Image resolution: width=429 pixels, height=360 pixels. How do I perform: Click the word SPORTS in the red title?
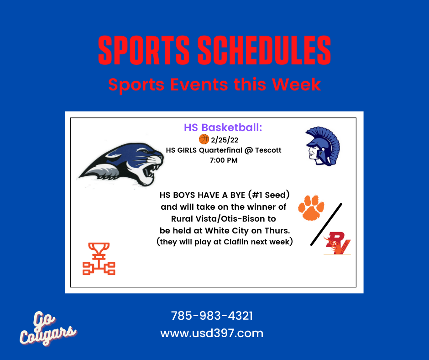pos(144,51)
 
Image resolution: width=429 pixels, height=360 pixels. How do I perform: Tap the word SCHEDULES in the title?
pos(264,51)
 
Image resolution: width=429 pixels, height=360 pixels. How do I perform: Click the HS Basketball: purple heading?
pos(223,127)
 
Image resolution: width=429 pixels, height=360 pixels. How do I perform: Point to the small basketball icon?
pos(204,139)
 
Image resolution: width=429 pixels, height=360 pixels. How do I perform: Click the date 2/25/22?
pos(225,140)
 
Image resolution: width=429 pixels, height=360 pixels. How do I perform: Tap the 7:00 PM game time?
pos(224,160)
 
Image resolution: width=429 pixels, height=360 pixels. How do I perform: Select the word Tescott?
pos(268,150)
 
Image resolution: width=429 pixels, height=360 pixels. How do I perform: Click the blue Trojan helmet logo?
pos(323,146)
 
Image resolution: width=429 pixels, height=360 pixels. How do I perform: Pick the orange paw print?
pos(311,207)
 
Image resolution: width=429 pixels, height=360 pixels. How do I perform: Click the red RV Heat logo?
pos(337,243)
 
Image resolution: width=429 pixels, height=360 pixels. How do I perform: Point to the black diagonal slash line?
pos(326,224)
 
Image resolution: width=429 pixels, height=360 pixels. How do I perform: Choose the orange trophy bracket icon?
pos(99,259)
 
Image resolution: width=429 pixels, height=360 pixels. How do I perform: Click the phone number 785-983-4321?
pos(212,316)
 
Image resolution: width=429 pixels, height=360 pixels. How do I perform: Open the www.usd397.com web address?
pos(212,333)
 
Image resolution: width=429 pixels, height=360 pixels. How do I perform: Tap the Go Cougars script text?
pos(47,328)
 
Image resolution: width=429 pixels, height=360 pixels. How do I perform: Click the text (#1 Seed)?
pos(269,195)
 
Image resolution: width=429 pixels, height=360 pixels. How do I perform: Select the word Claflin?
pos(236,242)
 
